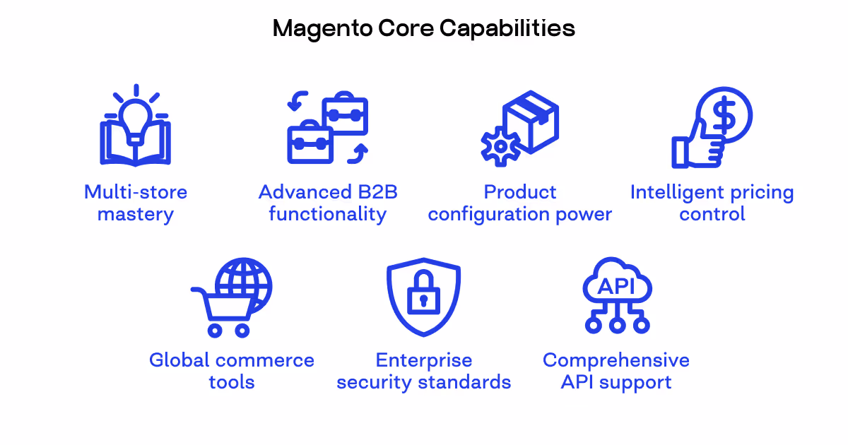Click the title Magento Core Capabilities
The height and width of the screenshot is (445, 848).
pos(423,28)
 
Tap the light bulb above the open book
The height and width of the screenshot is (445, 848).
pos(136,113)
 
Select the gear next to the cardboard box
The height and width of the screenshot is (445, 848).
pos(500,146)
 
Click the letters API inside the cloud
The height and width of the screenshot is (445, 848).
pos(616,286)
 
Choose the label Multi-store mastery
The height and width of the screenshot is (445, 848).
pos(136,203)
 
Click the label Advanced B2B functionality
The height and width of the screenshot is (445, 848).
pos(328,203)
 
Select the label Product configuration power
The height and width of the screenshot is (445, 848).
pos(520,203)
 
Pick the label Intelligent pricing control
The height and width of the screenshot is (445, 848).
pos(712,203)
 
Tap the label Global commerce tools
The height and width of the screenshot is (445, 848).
pos(232,371)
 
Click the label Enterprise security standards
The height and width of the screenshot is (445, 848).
pos(423,371)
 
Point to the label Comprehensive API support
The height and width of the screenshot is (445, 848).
pos(616,371)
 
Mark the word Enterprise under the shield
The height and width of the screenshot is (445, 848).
pos(423,360)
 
